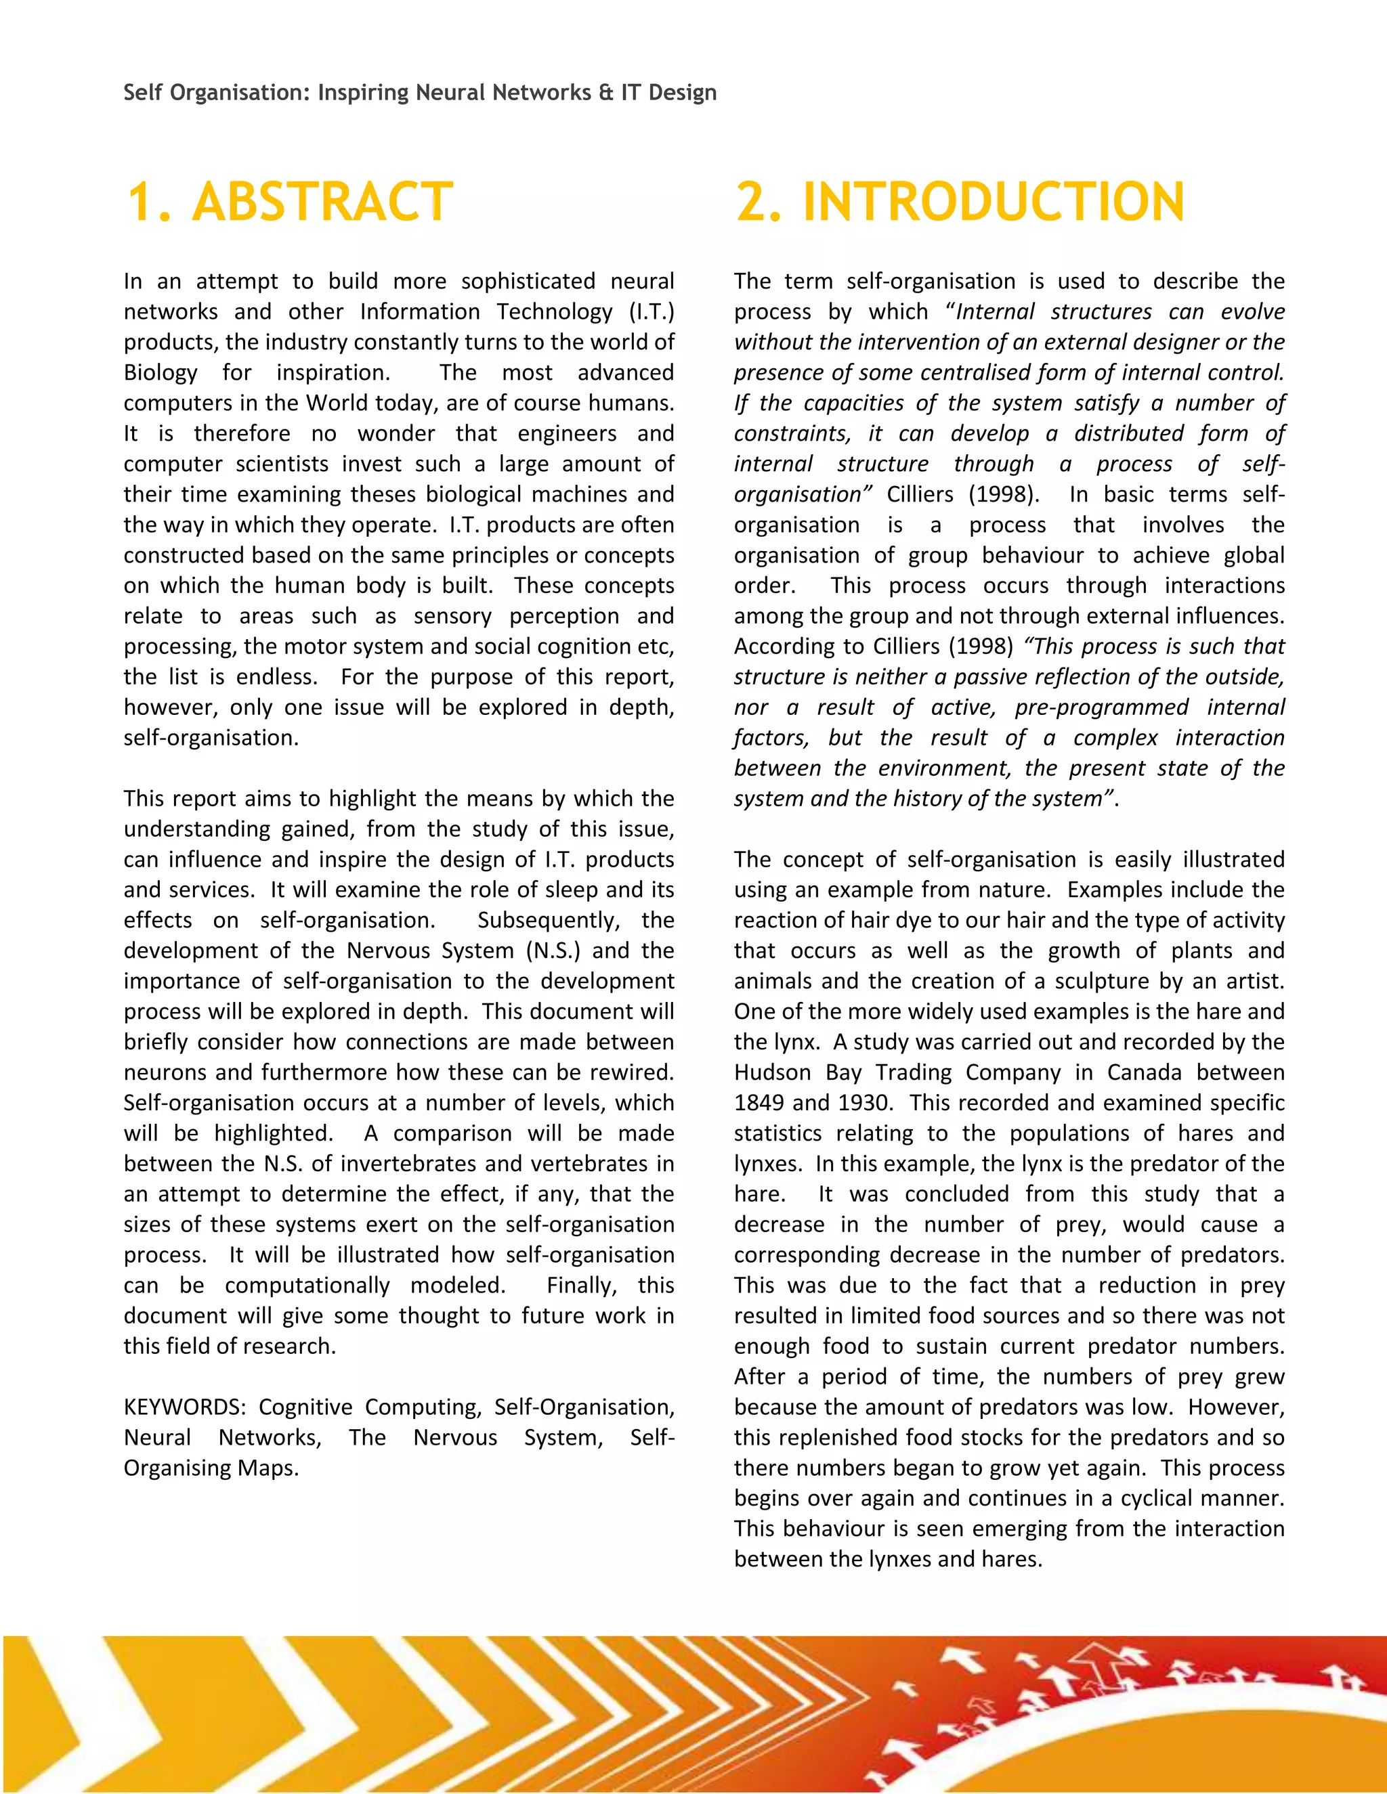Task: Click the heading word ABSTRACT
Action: click(322, 202)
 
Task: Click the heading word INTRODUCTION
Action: click(994, 202)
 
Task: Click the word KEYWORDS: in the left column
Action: click(184, 1407)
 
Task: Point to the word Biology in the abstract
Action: click(161, 373)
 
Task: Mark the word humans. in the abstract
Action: click(632, 403)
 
